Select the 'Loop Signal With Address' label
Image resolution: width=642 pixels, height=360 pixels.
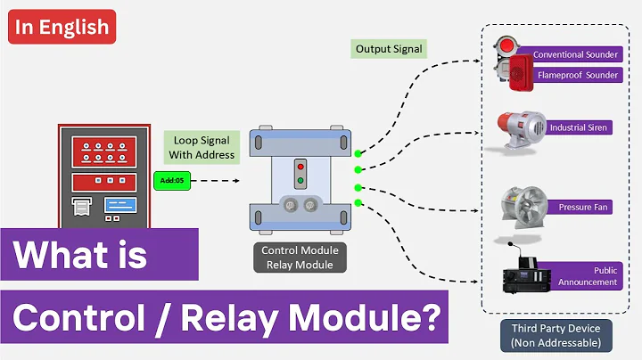[201, 147]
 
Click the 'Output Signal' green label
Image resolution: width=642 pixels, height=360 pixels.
[388, 48]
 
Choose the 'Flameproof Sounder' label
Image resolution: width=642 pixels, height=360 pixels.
[577, 75]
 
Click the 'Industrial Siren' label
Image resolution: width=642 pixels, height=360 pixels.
[579, 127]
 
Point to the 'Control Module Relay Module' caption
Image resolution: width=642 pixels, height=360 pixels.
[298, 257]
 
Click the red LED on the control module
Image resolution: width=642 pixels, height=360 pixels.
[300, 167]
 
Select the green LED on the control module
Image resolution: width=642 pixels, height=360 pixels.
[300, 181]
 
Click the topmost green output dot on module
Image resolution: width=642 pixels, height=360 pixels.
[358, 153]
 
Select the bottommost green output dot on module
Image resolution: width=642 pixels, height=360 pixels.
[358, 203]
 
